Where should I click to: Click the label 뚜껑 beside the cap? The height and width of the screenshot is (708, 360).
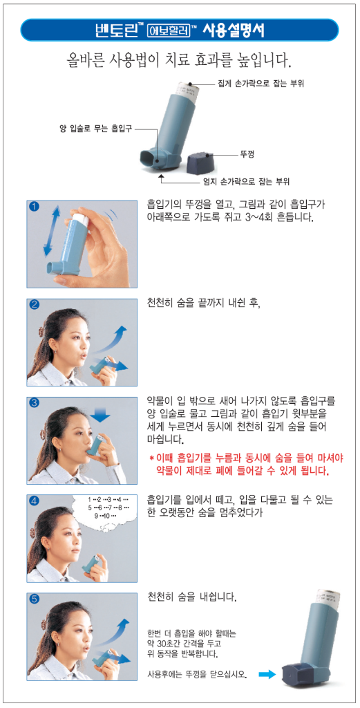coord(247,155)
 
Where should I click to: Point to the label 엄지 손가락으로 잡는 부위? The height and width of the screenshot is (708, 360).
coord(245,182)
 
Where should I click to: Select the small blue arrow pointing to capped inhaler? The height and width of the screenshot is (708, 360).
coord(267,675)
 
